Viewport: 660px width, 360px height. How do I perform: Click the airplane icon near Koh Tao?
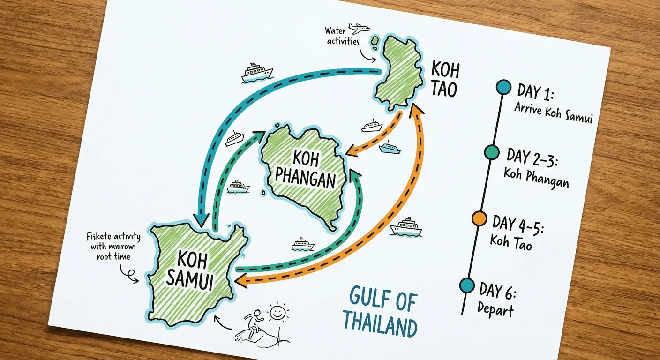click(359, 29)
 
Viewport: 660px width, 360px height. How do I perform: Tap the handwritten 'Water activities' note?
click(342, 36)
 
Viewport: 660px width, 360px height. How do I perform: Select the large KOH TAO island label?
click(445, 80)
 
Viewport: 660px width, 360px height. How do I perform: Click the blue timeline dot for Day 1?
click(503, 87)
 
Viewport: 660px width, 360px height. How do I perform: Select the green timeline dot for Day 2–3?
click(491, 152)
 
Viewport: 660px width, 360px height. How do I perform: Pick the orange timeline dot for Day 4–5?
click(479, 218)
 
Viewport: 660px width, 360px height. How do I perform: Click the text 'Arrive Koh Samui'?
click(554, 112)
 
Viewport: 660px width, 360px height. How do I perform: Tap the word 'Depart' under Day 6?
click(495, 309)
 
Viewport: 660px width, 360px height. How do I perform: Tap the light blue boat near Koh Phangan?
click(390, 148)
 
